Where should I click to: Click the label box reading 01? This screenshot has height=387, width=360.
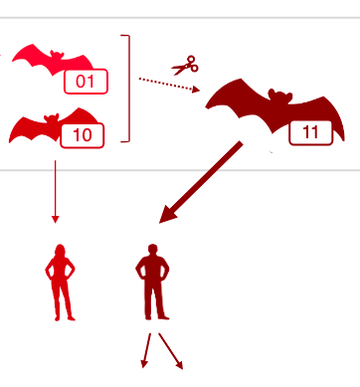point(86,82)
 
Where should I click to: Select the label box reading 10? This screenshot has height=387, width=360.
point(83,135)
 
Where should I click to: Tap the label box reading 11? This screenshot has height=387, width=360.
point(310,132)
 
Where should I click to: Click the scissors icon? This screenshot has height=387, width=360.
point(185,66)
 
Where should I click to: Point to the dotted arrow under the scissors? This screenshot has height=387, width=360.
point(169,85)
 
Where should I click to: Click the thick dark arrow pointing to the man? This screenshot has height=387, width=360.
point(201,182)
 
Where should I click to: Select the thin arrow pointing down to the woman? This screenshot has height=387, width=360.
point(56,192)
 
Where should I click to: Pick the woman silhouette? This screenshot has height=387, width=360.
point(60,283)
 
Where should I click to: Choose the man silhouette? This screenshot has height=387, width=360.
point(153,282)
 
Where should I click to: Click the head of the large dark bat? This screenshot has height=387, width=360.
point(280,96)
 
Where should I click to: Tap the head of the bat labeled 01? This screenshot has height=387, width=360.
point(57,56)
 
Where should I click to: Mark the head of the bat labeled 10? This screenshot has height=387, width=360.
point(52,119)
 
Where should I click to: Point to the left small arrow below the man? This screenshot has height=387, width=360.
point(146,350)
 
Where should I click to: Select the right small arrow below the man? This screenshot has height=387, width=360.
point(171,351)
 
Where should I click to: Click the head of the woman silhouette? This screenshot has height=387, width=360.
point(60,250)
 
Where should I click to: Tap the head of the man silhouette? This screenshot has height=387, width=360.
point(152,250)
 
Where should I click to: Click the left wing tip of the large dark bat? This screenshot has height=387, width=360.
point(206,107)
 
